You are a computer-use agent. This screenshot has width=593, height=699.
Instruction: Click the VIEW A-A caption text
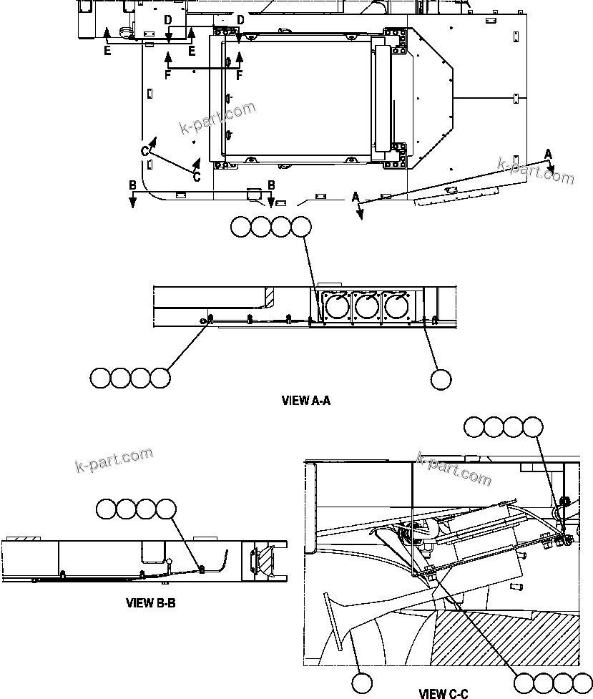(305, 401)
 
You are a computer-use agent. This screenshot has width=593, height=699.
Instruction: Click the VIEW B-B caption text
(151, 603)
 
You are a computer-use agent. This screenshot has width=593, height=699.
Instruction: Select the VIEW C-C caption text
(443, 693)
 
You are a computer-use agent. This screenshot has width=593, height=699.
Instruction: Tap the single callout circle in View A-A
(441, 379)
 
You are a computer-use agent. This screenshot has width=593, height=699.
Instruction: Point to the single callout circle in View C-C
(363, 683)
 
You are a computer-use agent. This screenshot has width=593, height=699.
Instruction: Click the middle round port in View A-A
(366, 308)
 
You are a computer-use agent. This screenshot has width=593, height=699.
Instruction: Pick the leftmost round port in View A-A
(336, 308)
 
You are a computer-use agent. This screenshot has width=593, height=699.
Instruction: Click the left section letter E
(107, 51)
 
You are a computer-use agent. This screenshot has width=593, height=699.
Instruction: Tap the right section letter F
(240, 74)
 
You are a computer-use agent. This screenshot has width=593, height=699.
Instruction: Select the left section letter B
(132, 185)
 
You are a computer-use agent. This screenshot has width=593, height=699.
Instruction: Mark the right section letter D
(240, 20)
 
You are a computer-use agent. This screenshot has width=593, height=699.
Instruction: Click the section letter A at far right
(548, 153)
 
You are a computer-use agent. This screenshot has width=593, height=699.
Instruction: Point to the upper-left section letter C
(145, 151)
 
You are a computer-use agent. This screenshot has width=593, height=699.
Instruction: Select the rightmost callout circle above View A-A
(301, 227)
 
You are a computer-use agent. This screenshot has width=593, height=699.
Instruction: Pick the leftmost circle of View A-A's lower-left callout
(101, 378)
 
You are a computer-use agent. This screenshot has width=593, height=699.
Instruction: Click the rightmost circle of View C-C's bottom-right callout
(583, 683)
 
